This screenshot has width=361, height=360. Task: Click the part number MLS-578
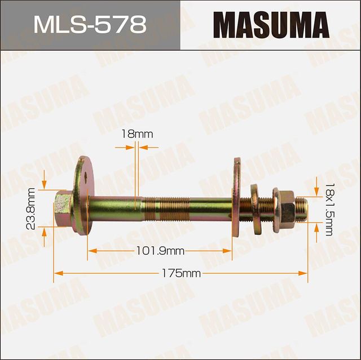point(90,25)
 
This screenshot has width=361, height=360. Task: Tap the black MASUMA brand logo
point(271,25)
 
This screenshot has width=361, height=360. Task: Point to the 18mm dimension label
point(137,134)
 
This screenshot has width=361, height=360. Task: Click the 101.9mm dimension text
point(160,250)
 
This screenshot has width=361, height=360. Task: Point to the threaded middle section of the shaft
point(169,207)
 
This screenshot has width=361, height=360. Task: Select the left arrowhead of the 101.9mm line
point(91,250)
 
